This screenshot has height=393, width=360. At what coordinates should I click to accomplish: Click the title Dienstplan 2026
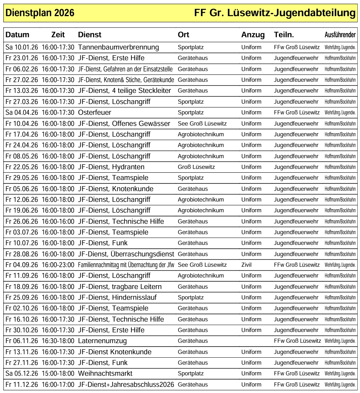click(40, 13)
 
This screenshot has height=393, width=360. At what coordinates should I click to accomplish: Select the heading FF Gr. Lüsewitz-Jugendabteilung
click(275, 13)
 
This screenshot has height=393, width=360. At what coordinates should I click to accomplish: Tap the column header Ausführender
click(340, 35)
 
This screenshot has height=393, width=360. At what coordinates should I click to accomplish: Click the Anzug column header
click(253, 35)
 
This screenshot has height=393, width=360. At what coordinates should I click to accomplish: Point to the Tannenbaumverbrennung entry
click(118, 47)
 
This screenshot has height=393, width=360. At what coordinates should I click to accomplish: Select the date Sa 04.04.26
click(22, 112)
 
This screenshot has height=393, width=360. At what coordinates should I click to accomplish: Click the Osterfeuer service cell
click(95, 112)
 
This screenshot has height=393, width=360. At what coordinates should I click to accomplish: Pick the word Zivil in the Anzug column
click(247, 265)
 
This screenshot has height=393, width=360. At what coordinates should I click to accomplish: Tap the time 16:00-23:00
click(58, 265)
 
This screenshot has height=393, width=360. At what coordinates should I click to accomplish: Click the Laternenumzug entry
click(102, 341)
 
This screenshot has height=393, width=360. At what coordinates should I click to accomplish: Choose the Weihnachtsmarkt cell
click(105, 373)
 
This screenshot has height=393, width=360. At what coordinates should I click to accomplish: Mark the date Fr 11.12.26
click(22, 385)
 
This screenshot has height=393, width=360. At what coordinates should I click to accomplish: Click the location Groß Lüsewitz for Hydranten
click(196, 167)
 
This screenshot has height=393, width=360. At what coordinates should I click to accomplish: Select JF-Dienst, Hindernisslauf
click(117, 297)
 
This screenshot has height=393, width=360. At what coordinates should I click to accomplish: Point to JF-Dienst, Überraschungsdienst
click(126, 254)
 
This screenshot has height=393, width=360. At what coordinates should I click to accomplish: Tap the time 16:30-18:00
click(58, 341)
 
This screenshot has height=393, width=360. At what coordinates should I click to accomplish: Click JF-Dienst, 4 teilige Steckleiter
click(124, 91)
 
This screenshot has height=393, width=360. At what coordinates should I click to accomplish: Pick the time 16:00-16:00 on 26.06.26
click(58, 221)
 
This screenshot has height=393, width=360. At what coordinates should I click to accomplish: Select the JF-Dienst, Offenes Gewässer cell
click(124, 124)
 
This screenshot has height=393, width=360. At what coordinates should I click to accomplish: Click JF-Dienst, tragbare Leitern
click(119, 287)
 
